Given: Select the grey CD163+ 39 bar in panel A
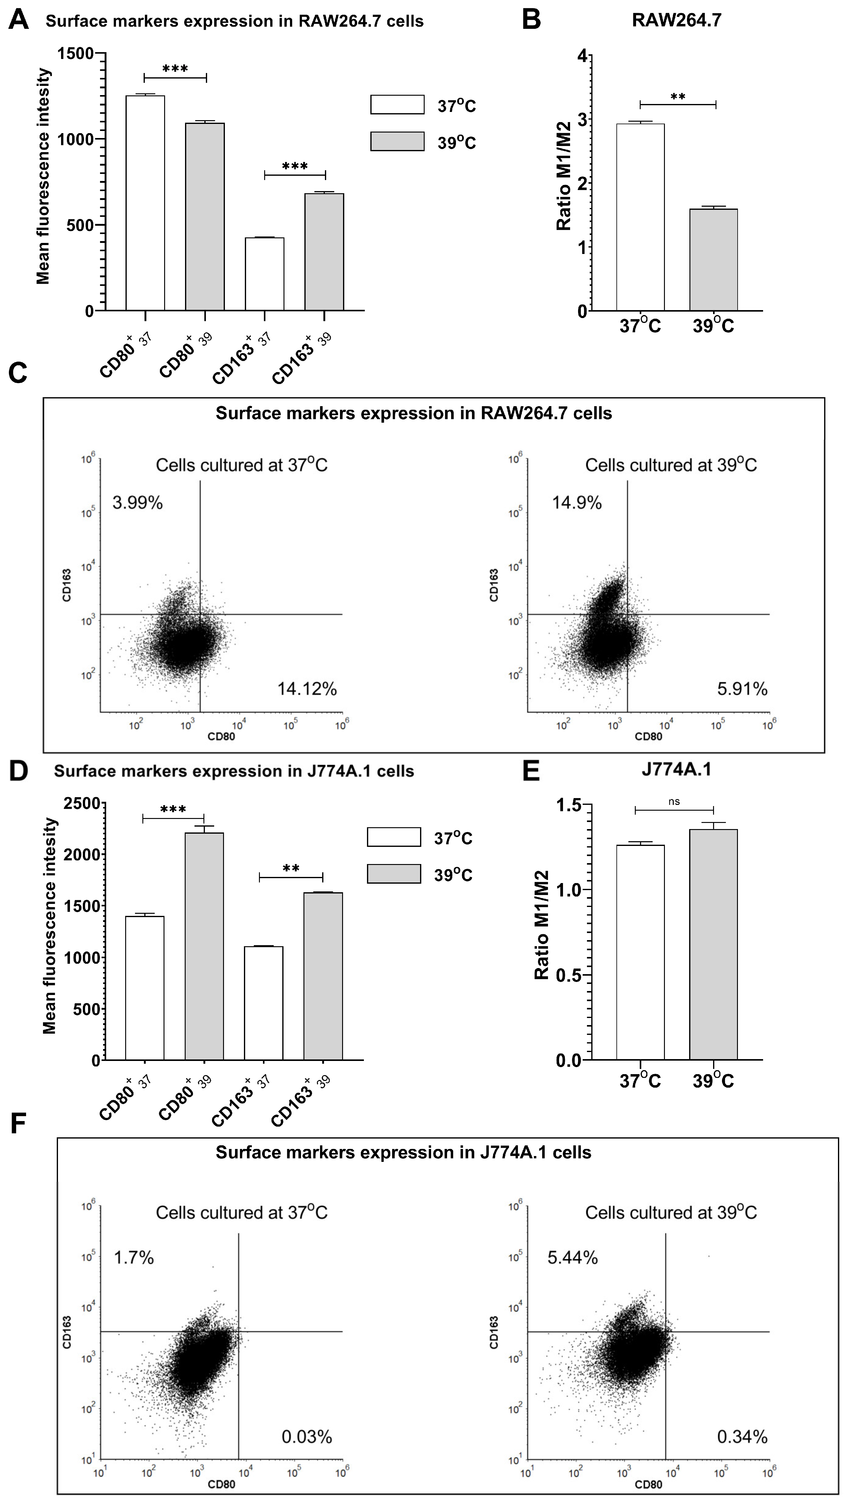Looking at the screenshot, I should coord(324,252).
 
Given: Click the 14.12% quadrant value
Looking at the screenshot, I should coord(307,689).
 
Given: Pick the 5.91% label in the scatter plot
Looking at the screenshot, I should coord(742,689).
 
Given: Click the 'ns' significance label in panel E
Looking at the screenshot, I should coord(674,801).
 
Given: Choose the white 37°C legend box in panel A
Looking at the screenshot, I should coord(397,105).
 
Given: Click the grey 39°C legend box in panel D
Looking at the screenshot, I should coord(394,874).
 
